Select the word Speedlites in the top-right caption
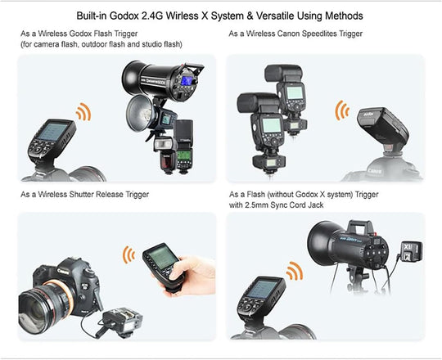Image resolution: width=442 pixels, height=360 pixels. point(320,34)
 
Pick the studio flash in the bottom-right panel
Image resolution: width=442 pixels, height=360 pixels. point(348,241)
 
